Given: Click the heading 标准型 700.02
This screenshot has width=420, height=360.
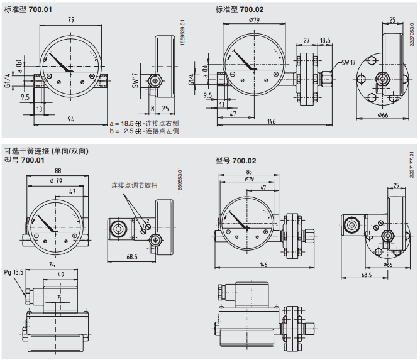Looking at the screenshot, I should point(240,9).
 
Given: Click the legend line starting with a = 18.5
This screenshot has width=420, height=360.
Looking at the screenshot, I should point(144,124).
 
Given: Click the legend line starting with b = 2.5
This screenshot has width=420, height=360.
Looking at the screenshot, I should point(144,131).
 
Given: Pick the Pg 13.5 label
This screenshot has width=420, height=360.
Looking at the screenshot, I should point(13,272).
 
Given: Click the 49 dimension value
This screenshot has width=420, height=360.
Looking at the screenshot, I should point(60,275).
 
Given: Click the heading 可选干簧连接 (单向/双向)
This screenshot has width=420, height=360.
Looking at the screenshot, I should point(46,151).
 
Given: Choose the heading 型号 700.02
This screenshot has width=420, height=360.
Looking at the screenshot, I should point(236,161).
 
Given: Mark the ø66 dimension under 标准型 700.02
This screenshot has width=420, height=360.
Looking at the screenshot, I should point(382,115).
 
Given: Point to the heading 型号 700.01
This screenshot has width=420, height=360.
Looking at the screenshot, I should point(25,161).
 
